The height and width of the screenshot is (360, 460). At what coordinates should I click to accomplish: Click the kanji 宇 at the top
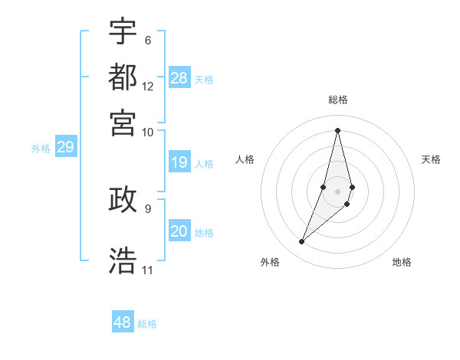(123, 31)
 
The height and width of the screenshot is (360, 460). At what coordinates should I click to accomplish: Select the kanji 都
(123, 77)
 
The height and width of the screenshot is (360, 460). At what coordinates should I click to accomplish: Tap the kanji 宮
(123, 123)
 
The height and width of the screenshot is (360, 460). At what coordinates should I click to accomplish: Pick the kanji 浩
(123, 260)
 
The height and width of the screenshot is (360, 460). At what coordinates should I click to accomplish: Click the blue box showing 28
(179, 78)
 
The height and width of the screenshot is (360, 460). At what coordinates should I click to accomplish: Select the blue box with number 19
(179, 162)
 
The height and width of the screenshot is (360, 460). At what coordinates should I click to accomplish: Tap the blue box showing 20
(179, 231)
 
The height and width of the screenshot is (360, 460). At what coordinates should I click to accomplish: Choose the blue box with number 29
(65, 148)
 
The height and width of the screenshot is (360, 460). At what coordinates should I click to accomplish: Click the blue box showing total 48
(123, 322)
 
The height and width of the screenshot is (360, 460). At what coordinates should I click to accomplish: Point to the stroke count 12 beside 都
(148, 87)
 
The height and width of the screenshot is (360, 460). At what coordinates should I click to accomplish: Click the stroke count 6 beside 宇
(147, 41)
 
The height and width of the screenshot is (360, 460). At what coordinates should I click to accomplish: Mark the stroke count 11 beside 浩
(148, 270)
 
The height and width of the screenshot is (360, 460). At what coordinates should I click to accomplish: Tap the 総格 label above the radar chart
(337, 100)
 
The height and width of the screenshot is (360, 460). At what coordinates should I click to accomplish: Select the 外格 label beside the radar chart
(270, 262)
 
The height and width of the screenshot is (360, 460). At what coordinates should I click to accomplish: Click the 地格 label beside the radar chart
(402, 262)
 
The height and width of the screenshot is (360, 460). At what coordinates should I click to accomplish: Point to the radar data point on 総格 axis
(337, 129)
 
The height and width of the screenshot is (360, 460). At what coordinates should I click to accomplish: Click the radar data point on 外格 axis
(302, 242)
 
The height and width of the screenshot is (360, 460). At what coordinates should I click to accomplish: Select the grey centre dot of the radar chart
(337, 191)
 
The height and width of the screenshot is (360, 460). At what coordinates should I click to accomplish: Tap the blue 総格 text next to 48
(147, 324)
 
